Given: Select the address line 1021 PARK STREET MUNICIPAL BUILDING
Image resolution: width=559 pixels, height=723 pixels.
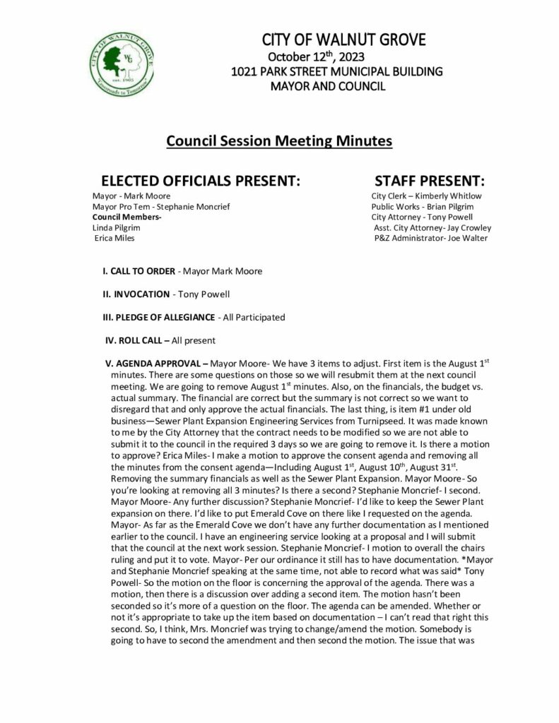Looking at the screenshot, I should (336, 71).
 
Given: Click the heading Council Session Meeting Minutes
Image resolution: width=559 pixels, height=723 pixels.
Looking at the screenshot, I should (278, 141).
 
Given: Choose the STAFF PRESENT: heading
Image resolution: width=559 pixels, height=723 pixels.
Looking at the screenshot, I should (429, 180).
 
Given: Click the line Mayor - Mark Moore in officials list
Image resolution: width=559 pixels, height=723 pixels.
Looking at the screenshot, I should (131, 196).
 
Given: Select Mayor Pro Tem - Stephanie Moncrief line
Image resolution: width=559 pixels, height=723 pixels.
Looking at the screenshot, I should (160, 206).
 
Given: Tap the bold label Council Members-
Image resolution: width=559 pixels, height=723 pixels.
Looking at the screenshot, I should (127, 217).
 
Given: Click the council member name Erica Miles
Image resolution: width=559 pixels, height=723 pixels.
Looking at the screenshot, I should (114, 238).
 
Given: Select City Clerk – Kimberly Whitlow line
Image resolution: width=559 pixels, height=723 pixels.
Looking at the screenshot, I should (426, 196).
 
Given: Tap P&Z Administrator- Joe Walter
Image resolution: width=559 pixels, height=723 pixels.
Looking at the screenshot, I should (431, 238).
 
